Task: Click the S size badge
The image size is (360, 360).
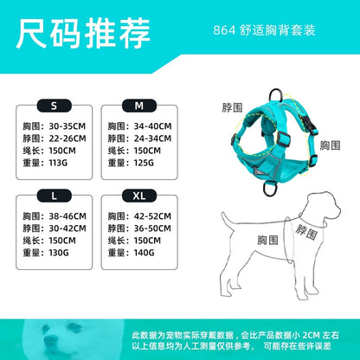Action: (x=54, y=106)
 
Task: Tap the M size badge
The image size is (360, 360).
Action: (x=139, y=106)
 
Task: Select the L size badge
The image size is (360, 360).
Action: (x=54, y=196)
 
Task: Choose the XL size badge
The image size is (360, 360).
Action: (x=139, y=196)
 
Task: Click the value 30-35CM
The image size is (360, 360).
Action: (x=67, y=126)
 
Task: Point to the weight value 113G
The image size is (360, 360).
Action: (x=58, y=163)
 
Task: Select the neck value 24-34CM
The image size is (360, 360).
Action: (x=152, y=138)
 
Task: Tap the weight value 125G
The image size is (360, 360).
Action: (x=144, y=163)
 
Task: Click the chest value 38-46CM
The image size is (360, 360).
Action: (x=67, y=216)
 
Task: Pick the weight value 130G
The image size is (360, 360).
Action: (x=59, y=253)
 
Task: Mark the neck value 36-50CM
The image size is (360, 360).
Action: (x=152, y=228)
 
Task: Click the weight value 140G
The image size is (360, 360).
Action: (x=144, y=253)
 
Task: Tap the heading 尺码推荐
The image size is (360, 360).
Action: (x=83, y=34)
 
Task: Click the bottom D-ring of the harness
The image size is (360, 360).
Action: (x=270, y=188)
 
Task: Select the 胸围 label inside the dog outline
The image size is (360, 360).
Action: (x=267, y=241)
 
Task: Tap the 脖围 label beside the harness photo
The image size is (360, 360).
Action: (x=232, y=107)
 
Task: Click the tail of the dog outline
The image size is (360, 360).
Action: (x=227, y=221)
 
